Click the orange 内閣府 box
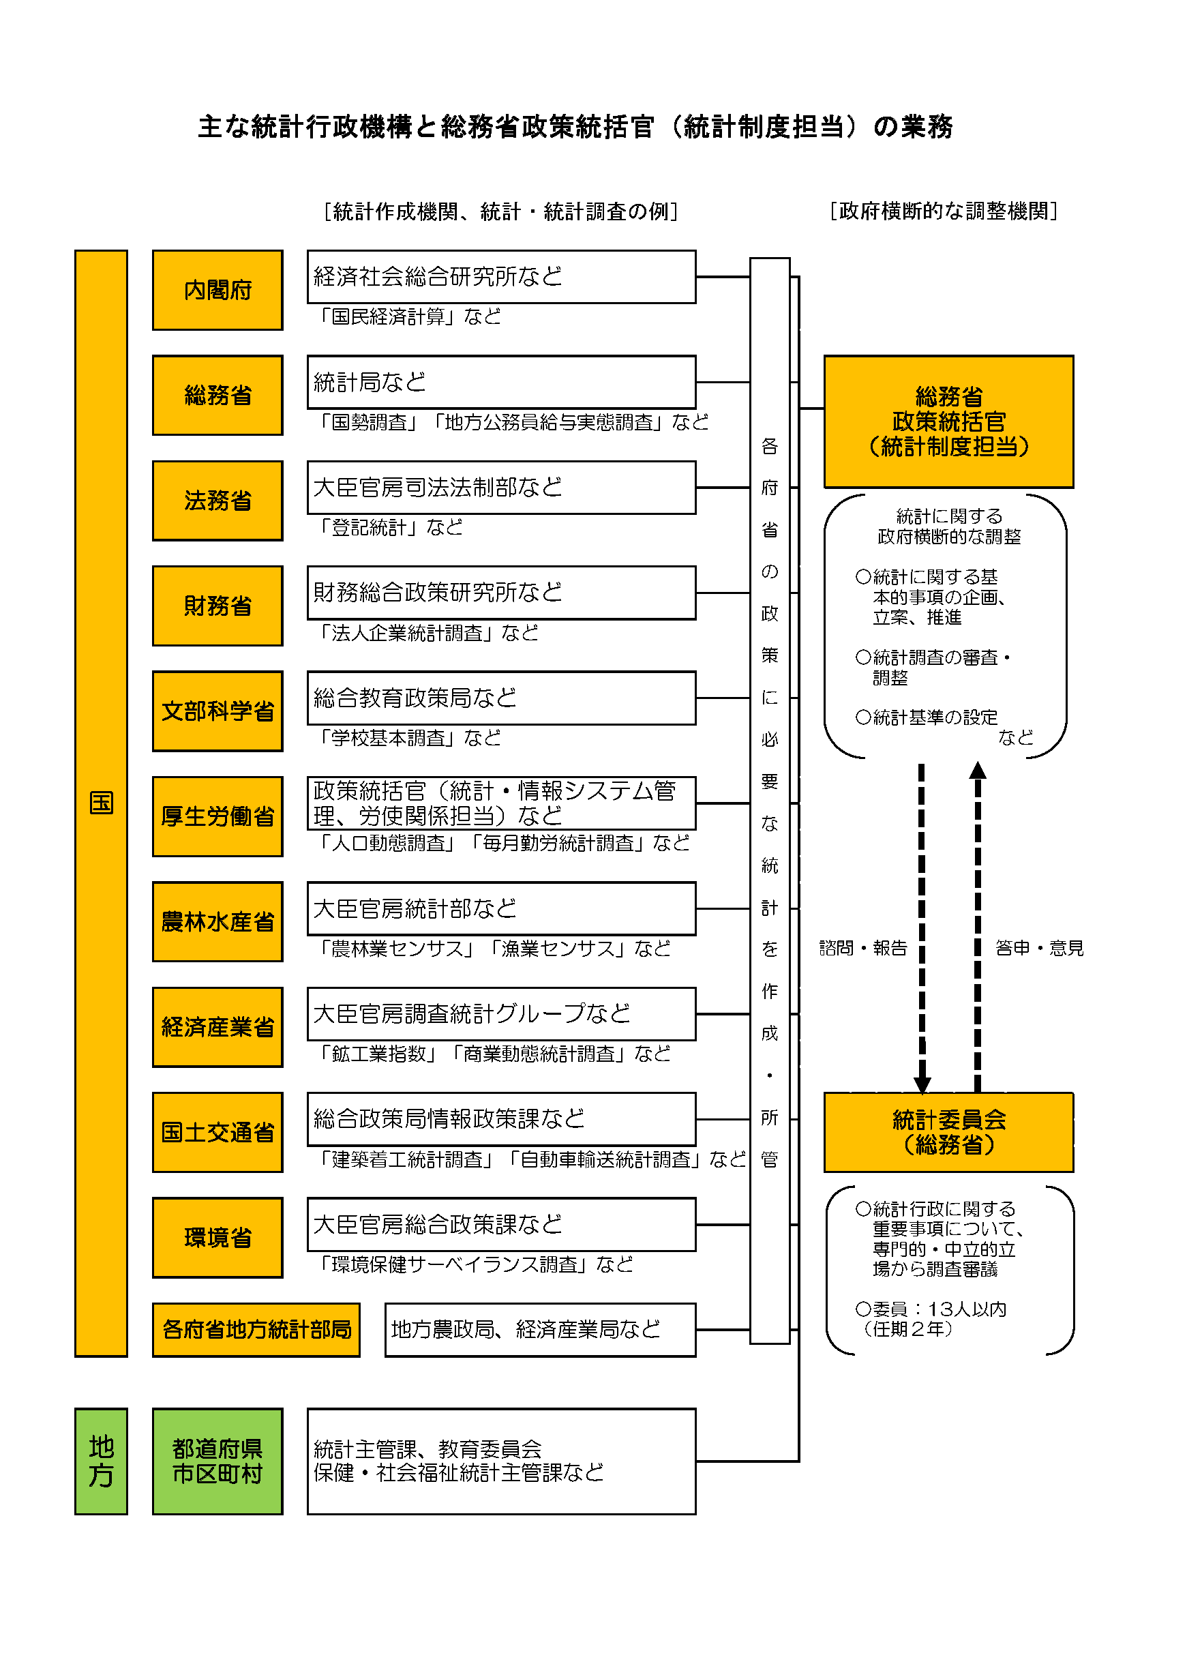tap(217, 291)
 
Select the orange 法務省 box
tap(217, 501)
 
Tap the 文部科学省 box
tap(217, 711)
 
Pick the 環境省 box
tap(217, 1237)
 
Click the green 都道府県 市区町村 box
tap(217, 1461)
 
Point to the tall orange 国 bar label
tap(101, 803)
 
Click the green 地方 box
tap(101, 1461)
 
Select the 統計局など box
tap(500, 383)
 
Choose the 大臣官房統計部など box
tap(500, 909)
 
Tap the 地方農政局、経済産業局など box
tap(540, 1329)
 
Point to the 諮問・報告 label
tap(862, 949)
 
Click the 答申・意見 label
tap(1038, 949)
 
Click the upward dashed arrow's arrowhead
tap(977, 771)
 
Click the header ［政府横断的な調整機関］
tap(943, 211)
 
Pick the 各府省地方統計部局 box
tap(256, 1329)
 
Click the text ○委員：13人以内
tap(931, 1309)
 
